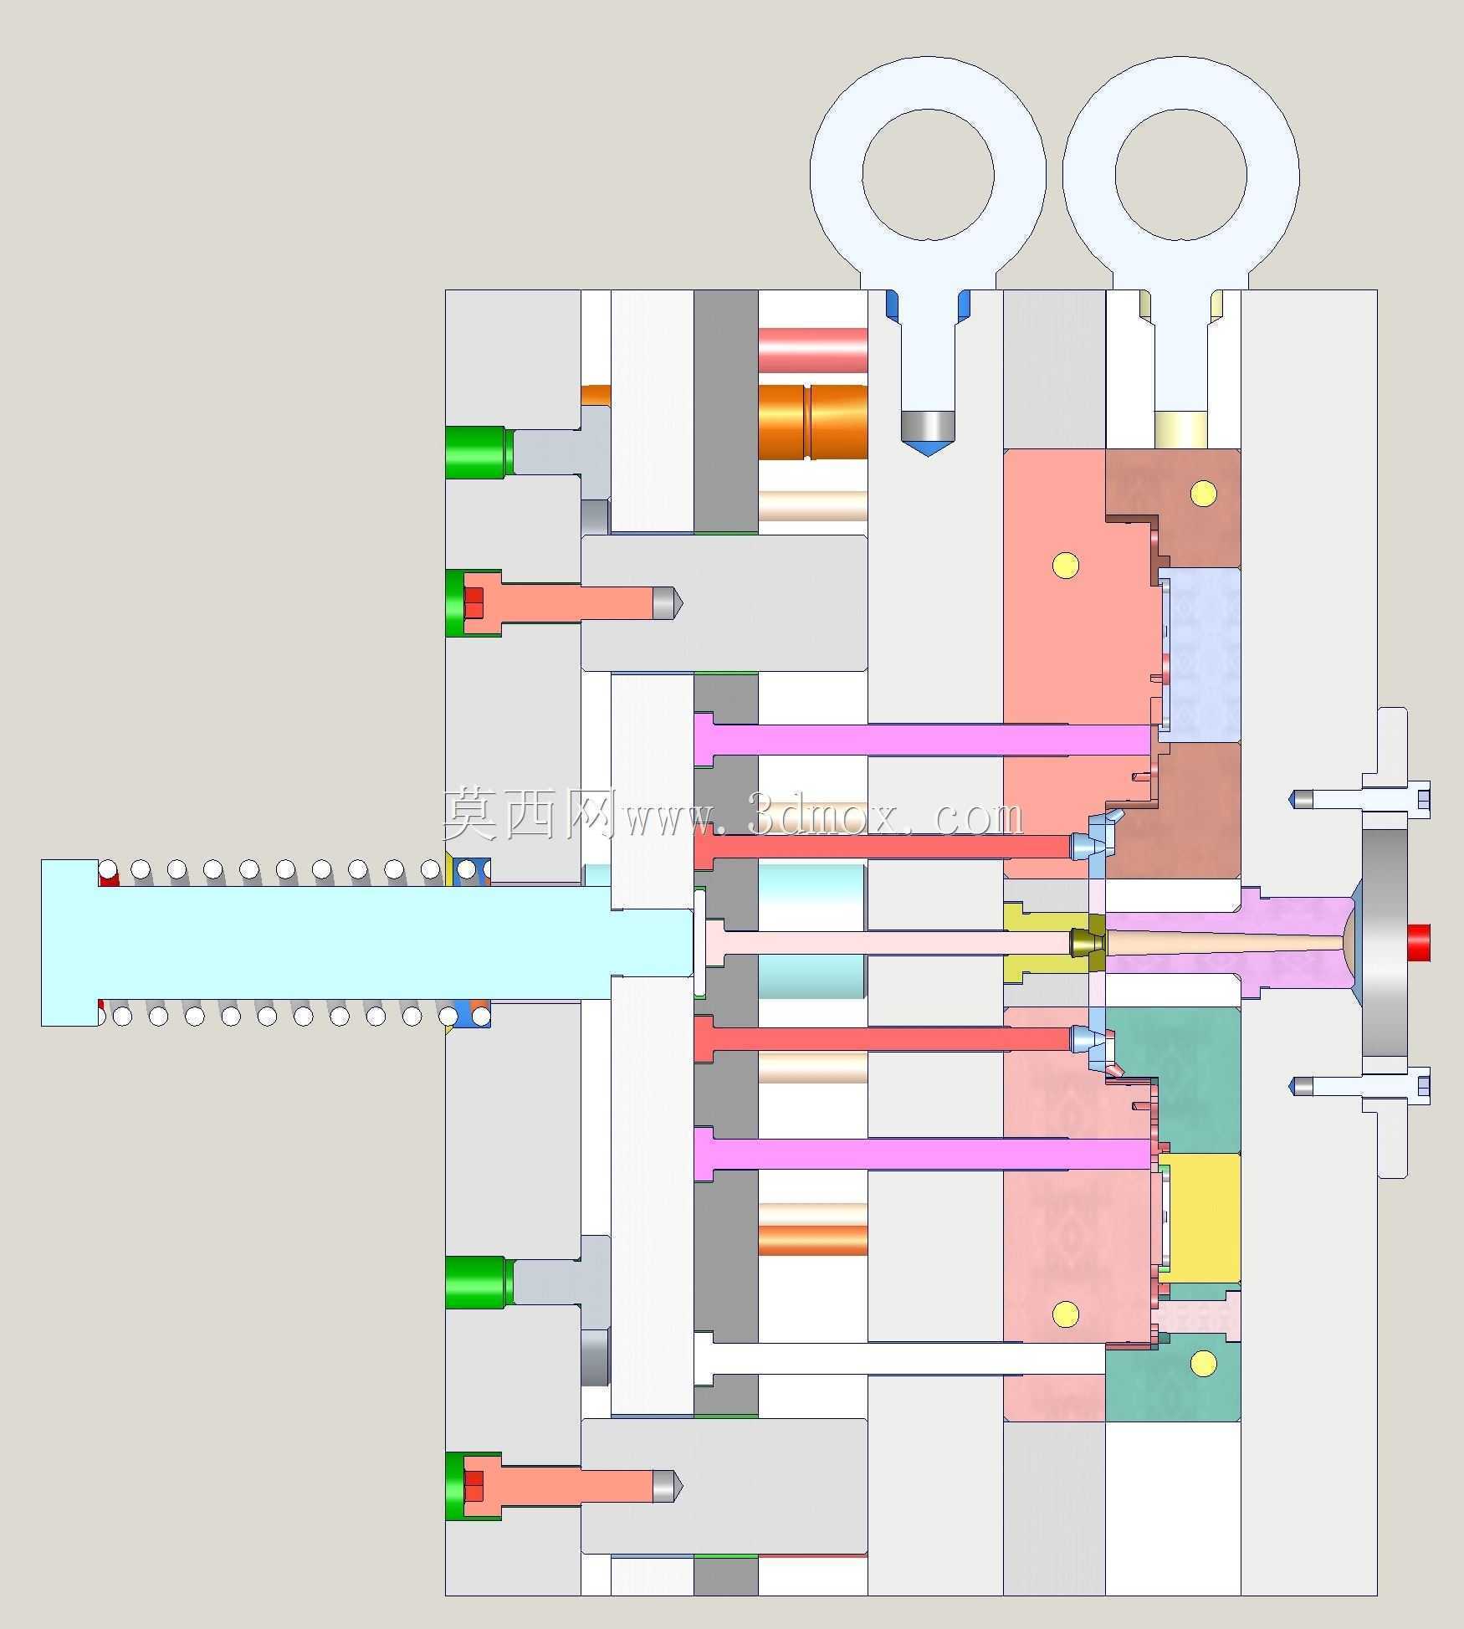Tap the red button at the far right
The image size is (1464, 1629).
1420,942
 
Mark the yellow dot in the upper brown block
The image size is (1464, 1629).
1203,494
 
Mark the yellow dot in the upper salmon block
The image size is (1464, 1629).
1065,565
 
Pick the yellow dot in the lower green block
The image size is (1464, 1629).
1203,1364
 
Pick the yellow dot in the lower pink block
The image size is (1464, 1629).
1065,1314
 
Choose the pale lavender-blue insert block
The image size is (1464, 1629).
1200,655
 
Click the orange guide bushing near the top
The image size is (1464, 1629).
812,422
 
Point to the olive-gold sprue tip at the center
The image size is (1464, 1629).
1087,943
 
